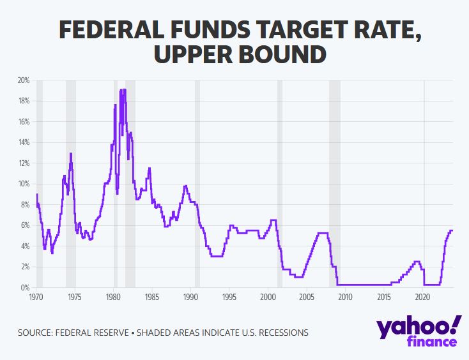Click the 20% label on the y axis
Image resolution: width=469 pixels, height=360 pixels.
(24, 80)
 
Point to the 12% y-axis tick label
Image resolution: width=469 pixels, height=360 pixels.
(24, 163)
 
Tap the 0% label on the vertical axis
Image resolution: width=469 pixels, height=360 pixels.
(25, 288)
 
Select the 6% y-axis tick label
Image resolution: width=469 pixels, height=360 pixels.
(25, 225)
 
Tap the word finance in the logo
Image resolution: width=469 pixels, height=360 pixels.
(433, 342)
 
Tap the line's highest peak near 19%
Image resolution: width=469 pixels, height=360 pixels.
(123, 89)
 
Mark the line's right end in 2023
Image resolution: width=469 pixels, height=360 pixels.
(452, 230)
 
